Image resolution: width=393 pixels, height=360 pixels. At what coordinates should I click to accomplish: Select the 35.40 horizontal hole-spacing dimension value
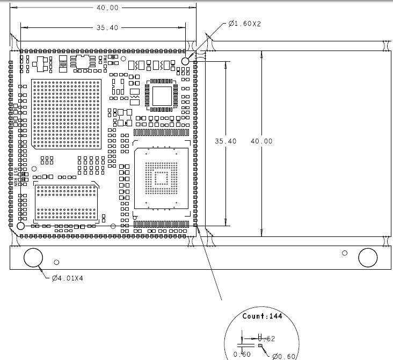pos(107,27)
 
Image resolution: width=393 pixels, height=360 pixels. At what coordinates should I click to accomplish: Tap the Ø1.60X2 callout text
pos(245,24)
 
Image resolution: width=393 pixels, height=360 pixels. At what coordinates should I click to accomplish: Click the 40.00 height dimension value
pos(261,141)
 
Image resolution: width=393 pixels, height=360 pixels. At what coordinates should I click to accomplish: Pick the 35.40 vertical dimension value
pos(225,141)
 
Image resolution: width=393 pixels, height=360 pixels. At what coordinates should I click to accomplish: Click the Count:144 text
pos(262,316)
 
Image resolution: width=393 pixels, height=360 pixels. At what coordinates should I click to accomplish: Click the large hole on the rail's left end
pos(33,257)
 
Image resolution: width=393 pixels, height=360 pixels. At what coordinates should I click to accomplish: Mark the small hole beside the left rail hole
pos(57,262)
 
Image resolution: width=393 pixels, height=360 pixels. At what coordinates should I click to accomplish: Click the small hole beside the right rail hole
pos(345,253)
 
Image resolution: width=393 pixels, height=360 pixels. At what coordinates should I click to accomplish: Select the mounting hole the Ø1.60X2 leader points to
pos(186,61)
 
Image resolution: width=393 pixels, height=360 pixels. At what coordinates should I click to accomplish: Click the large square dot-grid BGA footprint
pos(66,113)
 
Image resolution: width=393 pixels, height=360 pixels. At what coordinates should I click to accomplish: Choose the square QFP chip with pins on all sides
pos(162,96)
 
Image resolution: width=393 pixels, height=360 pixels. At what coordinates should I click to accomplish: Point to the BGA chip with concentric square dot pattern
pos(161,178)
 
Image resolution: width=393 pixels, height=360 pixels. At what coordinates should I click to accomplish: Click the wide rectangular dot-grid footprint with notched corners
pos(67,201)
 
